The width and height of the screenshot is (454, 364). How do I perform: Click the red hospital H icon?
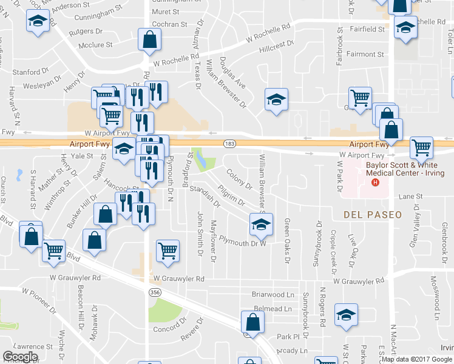tap(375, 183)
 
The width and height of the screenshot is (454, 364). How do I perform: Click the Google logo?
tap(20, 357)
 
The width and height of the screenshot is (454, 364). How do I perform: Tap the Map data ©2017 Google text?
tap(416, 359)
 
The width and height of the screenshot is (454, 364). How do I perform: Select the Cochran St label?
tap(169, 24)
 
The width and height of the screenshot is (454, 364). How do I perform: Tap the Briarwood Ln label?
tap(273, 295)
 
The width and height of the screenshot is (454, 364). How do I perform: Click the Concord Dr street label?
tap(166, 329)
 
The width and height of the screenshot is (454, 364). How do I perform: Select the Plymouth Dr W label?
tap(243, 243)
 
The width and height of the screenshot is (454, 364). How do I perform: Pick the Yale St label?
tap(81, 156)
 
